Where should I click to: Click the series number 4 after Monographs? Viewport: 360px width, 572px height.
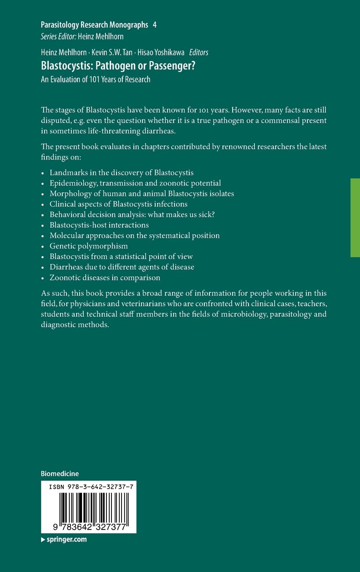pyautogui.click(x=155, y=25)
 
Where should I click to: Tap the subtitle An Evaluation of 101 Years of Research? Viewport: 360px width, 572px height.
pyautogui.click(x=95, y=79)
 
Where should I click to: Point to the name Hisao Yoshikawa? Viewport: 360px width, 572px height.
pyautogui.click(x=158, y=52)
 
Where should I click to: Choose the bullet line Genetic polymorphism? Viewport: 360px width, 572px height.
pyautogui.click(x=89, y=246)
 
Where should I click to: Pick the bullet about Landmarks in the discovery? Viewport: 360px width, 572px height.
pyautogui.click(x=122, y=172)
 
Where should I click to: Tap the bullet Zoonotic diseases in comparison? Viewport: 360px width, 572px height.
pyautogui.click(x=105, y=278)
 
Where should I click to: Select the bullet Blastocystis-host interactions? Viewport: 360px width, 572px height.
pyautogui.click(x=99, y=225)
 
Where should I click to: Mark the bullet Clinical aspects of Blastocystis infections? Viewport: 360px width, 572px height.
pyautogui.click(x=119, y=204)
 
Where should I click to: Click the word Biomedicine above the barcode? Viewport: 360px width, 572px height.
pyautogui.click(x=60, y=474)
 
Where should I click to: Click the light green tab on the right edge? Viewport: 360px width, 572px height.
pyautogui.click(x=355, y=217)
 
